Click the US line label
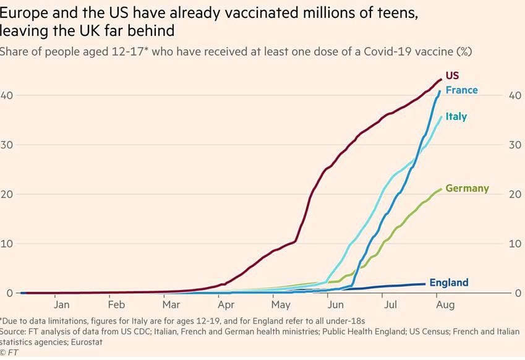click(x=452, y=75)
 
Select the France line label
click(x=461, y=90)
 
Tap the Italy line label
click(x=456, y=116)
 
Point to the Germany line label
click(x=467, y=188)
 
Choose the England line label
click(x=448, y=283)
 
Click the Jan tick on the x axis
click(x=61, y=304)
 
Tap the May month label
click(x=280, y=304)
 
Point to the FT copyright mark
click(x=9, y=353)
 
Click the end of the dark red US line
click(x=441, y=79)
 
